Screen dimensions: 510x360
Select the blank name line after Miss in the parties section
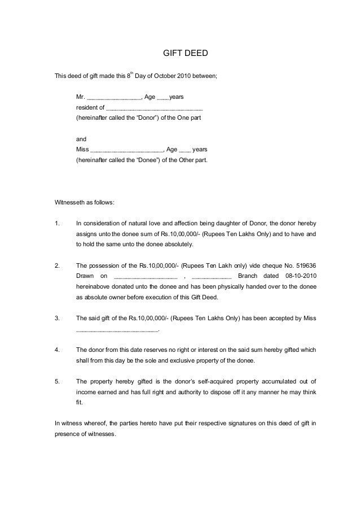tap(126, 150)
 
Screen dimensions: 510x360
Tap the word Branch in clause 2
tap(246, 276)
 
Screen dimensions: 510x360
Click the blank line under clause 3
tap(117, 329)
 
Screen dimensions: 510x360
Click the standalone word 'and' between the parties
tap(81, 139)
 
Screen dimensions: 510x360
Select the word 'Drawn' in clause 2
tap(85, 276)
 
